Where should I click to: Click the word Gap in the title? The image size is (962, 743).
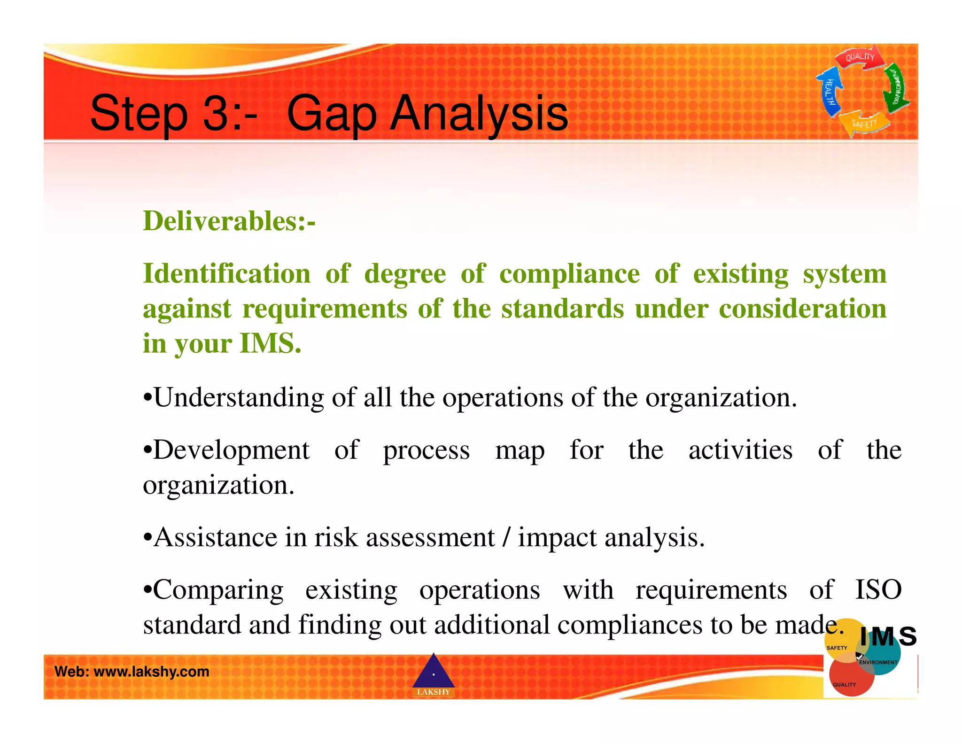[332, 114]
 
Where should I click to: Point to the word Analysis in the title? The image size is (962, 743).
[479, 113]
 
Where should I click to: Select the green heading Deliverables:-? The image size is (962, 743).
[229, 221]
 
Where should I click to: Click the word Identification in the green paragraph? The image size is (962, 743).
[226, 273]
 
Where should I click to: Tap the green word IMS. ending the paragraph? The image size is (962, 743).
[270, 343]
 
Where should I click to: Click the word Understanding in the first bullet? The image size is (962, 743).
[239, 398]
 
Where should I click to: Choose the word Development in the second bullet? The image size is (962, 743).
[232, 450]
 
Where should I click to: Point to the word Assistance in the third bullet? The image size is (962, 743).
[216, 537]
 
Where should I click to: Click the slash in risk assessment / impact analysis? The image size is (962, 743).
[506, 537]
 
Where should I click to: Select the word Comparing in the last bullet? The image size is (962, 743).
[219, 590]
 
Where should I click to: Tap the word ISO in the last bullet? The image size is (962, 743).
[877, 590]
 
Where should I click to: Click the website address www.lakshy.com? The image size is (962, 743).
[151, 672]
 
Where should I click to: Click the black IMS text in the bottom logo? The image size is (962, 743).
[888, 637]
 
